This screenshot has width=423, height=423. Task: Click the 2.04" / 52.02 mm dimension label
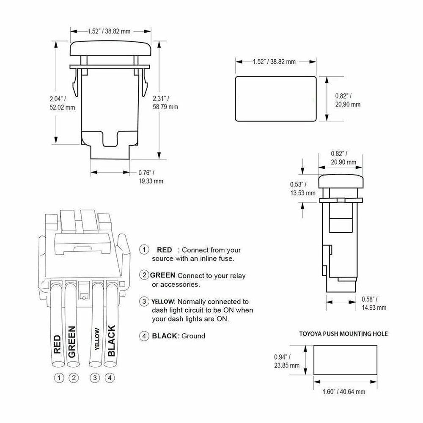[x=62, y=103]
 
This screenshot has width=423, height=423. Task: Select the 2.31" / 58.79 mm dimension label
[x=165, y=102]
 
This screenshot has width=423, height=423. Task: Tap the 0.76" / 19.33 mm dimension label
[x=151, y=176]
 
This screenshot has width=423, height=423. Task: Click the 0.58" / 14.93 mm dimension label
[x=374, y=303]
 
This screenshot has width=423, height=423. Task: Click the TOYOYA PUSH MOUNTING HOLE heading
[x=343, y=333]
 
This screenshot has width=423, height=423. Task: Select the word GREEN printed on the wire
[x=71, y=341]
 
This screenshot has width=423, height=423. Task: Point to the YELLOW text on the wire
[x=98, y=340]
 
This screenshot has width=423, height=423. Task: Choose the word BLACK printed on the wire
[x=111, y=340]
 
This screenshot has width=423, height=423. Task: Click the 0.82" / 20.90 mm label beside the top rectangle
[x=348, y=100]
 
